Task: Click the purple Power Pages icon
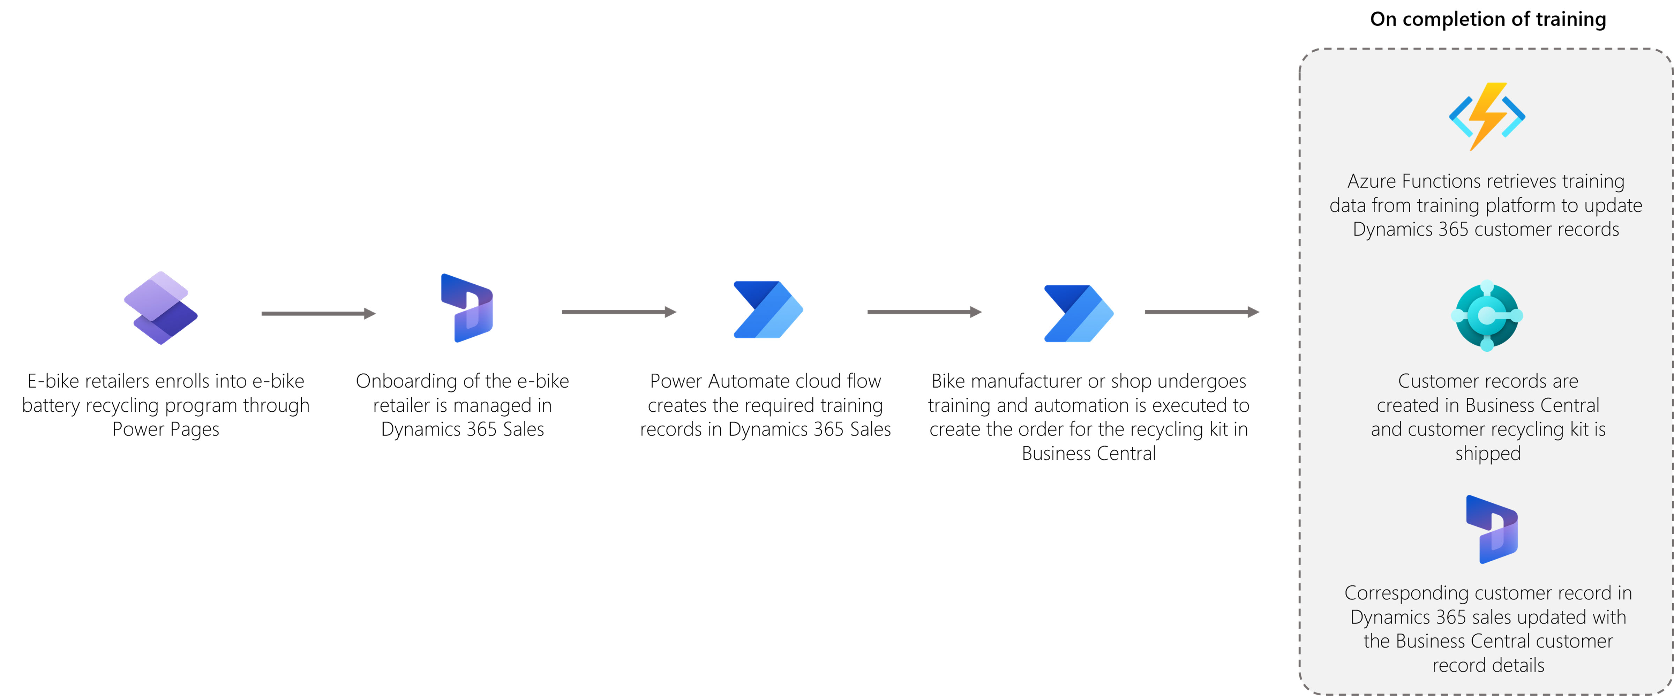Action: [x=160, y=308]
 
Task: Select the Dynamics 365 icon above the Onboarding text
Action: [x=467, y=308]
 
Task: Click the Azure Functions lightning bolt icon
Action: [x=1487, y=117]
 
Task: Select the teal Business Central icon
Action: [x=1487, y=316]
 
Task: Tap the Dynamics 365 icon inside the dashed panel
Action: [x=1492, y=529]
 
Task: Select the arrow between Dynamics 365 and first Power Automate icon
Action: [x=619, y=312]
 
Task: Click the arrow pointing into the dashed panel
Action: [x=1202, y=312]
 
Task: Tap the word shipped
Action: [x=1487, y=454]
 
